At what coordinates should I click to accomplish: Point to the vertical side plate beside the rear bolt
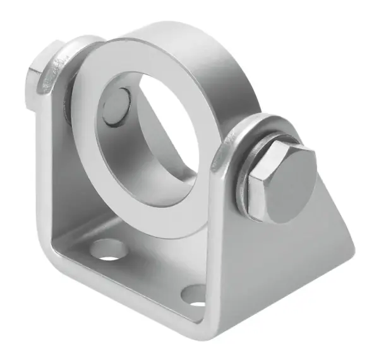pyautogui.click(x=54, y=164)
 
